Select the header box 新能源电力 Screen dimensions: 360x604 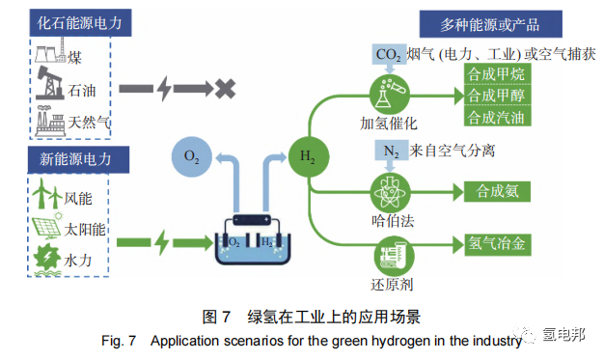tap(64, 158)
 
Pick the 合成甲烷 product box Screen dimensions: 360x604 tap(495, 75)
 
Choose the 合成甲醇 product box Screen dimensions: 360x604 tap(495, 97)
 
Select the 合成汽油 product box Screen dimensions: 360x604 tap(495, 118)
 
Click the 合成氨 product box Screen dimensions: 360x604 tap(495, 190)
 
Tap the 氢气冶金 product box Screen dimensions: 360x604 tap(495, 243)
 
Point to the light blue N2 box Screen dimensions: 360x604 tap(388, 151)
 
